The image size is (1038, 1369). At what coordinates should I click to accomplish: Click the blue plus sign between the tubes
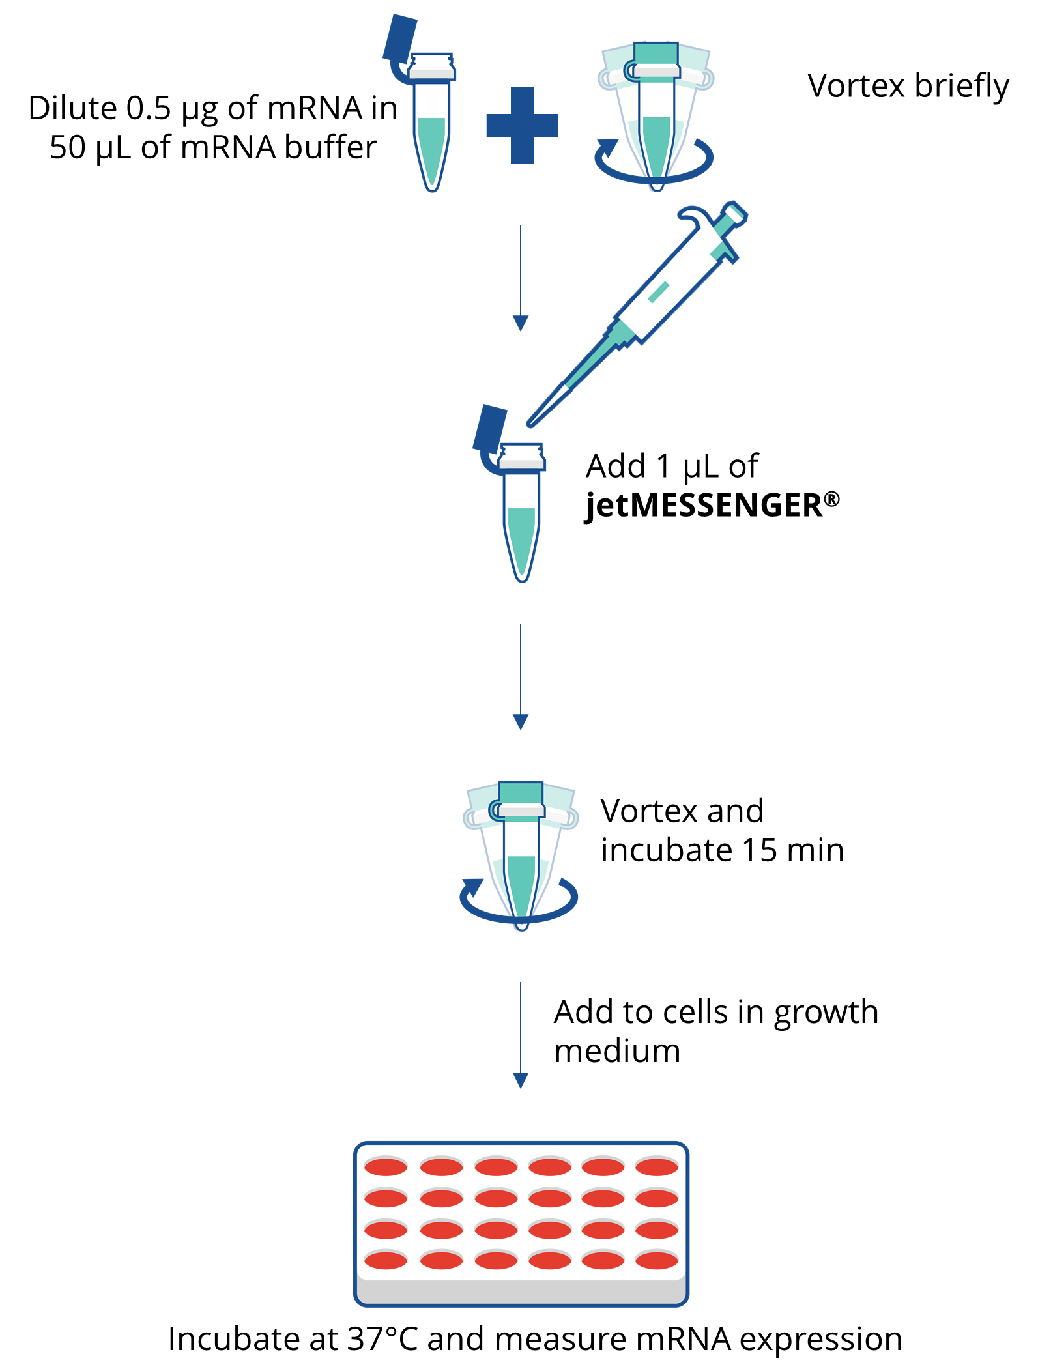522,125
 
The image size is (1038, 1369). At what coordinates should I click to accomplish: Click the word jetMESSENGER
704,506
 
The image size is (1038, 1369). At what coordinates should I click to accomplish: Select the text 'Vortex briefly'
908,86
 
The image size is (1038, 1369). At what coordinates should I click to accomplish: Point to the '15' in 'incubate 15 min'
759,850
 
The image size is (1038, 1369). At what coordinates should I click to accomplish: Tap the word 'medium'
617,1051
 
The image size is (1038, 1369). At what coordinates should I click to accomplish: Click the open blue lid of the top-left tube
399,39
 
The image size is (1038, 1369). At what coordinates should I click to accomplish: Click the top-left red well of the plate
386,1166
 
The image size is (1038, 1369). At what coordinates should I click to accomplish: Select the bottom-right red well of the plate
657,1261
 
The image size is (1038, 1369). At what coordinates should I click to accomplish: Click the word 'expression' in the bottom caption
821,1340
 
